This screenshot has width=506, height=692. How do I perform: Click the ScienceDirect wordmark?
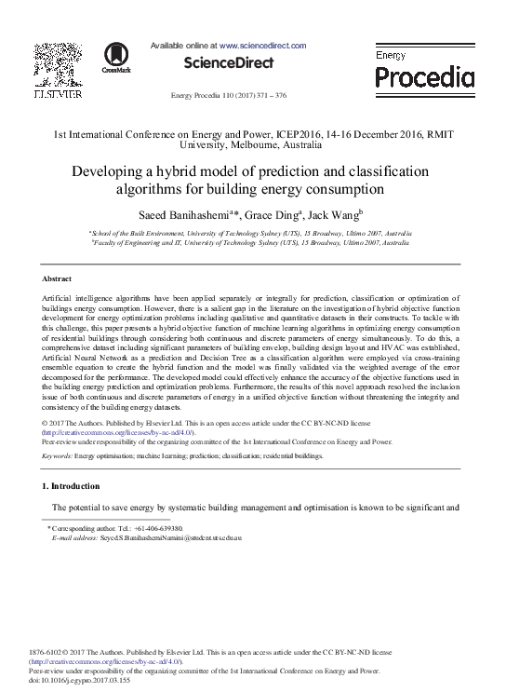point(228,63)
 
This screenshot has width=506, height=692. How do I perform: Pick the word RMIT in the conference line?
point(439,134)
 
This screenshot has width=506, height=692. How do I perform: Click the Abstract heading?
point(58,278)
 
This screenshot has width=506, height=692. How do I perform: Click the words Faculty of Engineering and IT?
point(129,242)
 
